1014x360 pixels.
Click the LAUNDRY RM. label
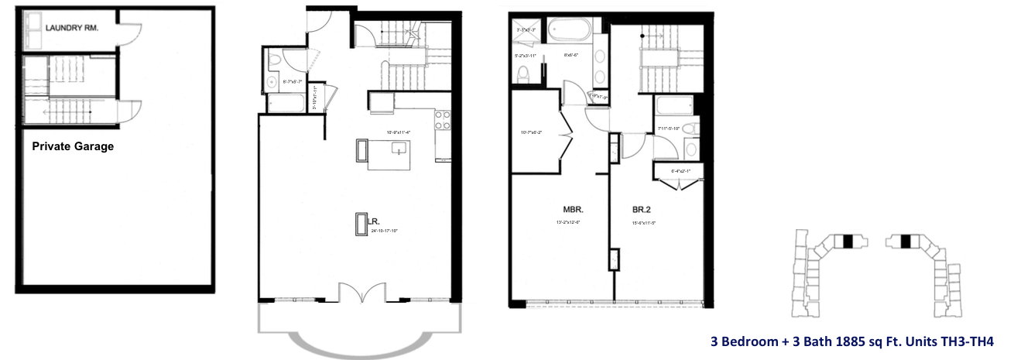pyautogui.click(x=71, y=29)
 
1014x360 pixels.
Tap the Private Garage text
pyautogui.click(x=73, y=146)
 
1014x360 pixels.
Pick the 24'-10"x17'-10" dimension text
pyautogui.click(x=378, y=231)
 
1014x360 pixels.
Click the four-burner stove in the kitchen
pyautogui.click(x=442, y=120)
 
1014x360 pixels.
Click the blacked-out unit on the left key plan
pyautogui.click(x=848, y=242)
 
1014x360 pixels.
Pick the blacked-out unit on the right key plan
pyautogui.click(x=905, y=242)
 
